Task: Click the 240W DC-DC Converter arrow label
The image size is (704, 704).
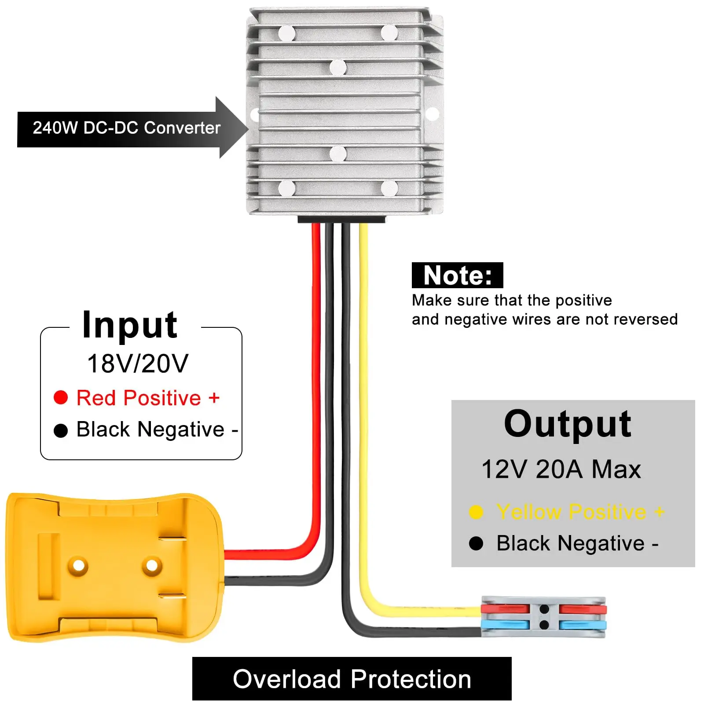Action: coord(127,128)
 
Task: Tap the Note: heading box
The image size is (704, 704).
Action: coord(457,275)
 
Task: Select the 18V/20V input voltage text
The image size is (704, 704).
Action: coord(138,363)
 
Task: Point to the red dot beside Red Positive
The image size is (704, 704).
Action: coord(61,397)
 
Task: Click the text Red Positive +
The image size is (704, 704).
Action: coord(148,398)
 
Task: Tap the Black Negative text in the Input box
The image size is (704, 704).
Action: coord(150,429)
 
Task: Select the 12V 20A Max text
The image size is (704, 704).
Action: coord(561,469)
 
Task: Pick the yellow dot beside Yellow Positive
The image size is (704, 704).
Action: coord(476,512)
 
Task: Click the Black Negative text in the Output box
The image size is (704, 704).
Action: coord(571,543)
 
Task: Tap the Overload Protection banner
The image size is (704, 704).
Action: coord(352,679)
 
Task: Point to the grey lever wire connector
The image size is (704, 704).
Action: coord(543,617)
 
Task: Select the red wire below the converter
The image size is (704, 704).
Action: coord(316,352)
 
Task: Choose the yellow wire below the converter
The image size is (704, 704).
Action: coord(363,352)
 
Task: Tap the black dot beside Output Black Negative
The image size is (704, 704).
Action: coord(476,543)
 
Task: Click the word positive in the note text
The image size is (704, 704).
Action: coord(583,301)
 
